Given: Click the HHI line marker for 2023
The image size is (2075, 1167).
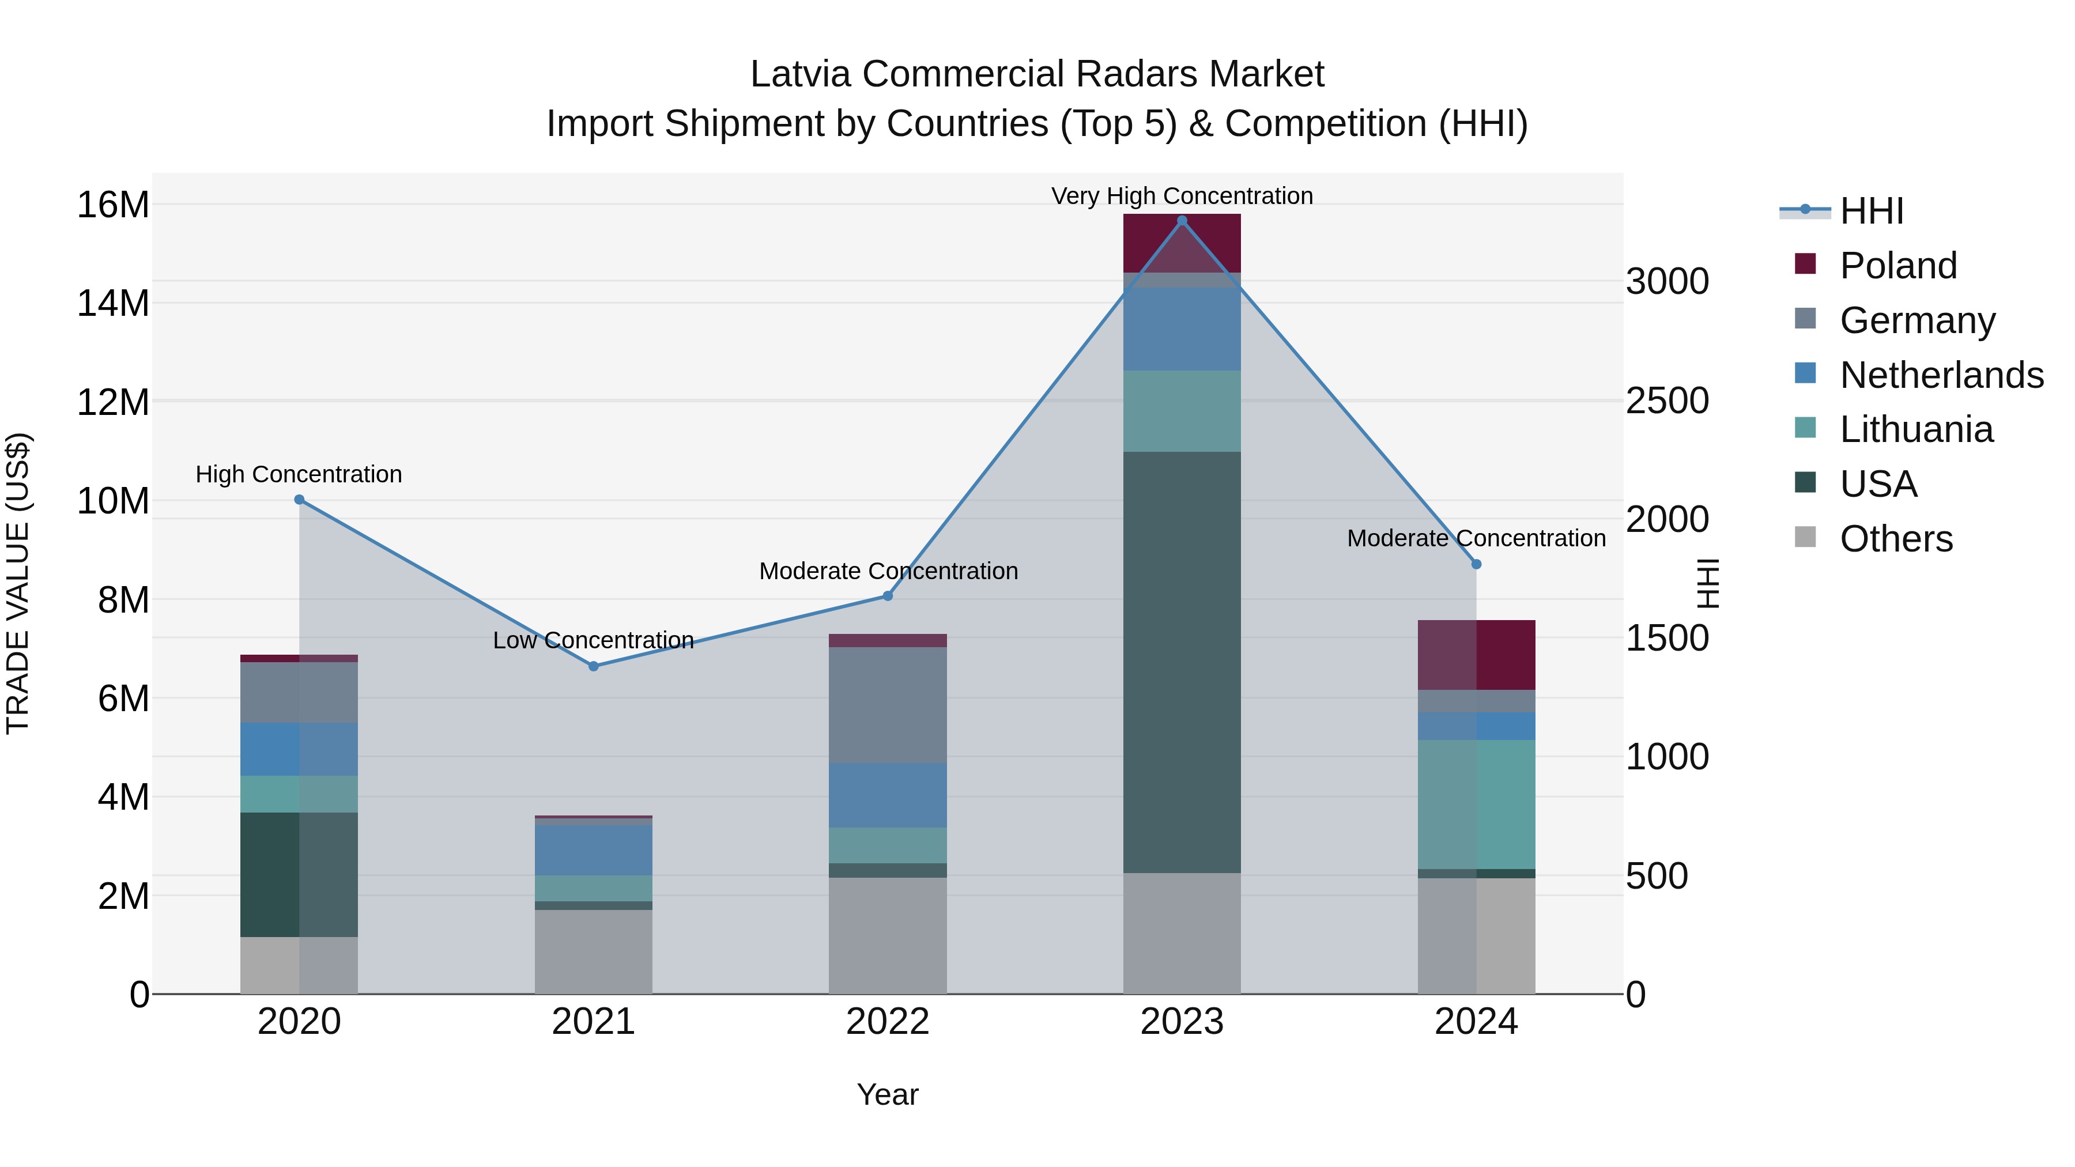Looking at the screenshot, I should (x=1182, y=221).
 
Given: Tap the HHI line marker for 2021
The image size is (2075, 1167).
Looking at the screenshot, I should (x=594, y=666).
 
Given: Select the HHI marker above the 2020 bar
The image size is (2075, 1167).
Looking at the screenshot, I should (x=300, y=499).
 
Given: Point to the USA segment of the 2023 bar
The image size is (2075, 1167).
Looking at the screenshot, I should (x=1182, y=660).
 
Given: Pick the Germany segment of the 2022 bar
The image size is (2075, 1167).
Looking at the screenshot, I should (x=888, y=705).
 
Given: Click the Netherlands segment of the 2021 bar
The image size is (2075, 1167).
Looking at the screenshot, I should (x=594, y=849).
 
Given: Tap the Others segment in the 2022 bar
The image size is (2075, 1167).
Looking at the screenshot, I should (x=888, y=934).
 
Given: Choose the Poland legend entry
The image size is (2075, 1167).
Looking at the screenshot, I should (x=1898, y=266).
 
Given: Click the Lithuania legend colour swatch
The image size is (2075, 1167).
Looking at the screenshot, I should (x=1805, y=428).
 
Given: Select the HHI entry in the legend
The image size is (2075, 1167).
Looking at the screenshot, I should (x=1871, y=211).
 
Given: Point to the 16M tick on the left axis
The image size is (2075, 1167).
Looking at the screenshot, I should (x=113, y=205).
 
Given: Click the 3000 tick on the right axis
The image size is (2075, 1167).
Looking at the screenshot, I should (x=1666, y=282).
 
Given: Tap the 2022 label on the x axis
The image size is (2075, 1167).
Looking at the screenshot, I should (x=888, y=1022).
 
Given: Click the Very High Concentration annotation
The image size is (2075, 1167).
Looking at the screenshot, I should (x=1182, y=196).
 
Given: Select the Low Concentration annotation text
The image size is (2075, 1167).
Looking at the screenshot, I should (x=594, y=640).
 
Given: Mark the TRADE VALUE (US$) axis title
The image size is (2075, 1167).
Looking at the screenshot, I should (x=18, y=583).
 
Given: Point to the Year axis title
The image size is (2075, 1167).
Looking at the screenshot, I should (x=888, y=1094).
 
